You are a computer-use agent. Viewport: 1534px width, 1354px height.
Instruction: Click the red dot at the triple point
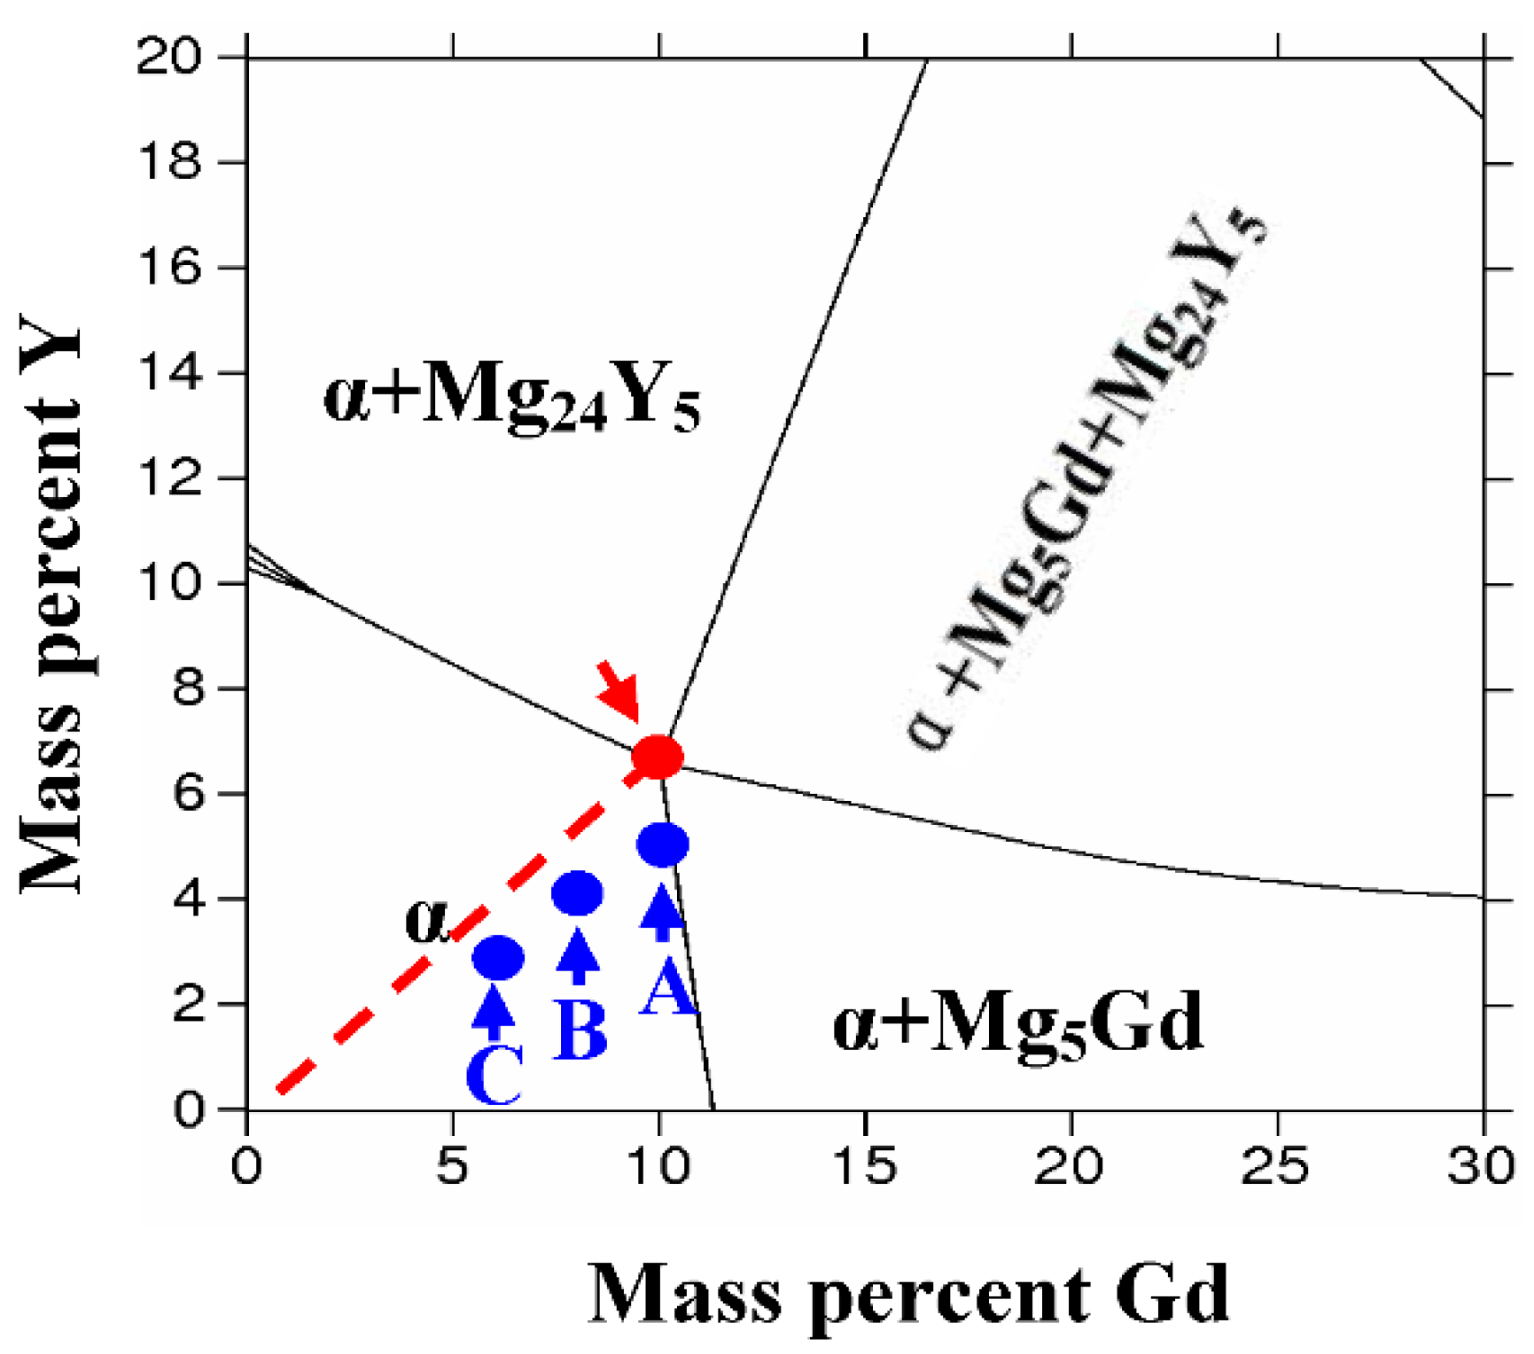657,758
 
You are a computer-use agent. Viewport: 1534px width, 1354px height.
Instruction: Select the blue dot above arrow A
662,844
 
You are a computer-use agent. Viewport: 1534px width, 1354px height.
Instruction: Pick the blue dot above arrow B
577,893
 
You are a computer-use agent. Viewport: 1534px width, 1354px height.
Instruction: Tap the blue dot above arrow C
498,958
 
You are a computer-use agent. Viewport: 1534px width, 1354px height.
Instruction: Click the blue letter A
666,989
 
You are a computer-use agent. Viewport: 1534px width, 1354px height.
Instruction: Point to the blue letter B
580,1030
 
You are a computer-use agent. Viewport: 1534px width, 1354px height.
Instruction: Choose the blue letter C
494,1076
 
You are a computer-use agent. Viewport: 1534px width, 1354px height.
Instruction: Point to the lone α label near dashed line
427,920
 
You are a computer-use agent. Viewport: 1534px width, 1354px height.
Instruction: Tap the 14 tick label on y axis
170,373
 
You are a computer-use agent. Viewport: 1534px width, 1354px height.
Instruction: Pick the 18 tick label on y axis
170,162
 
